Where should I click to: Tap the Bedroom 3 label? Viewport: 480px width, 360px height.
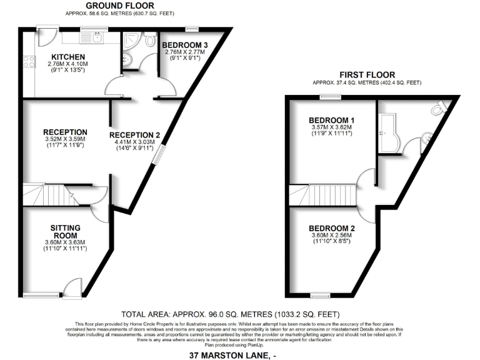pyautogui.click(x=185, y=45)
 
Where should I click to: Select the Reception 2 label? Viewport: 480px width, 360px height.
pyautogui.click(x=135, y=135)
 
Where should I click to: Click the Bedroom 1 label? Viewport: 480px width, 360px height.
pyautogui.click(x=332, y=121)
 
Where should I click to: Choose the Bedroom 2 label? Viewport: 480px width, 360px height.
pyautogui.click(x=332, y=228)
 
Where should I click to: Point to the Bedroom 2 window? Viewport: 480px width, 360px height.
pyautogui.click(x=320, y=295)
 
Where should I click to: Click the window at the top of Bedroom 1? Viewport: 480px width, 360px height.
pyautogui.click(x=331, y=97)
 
